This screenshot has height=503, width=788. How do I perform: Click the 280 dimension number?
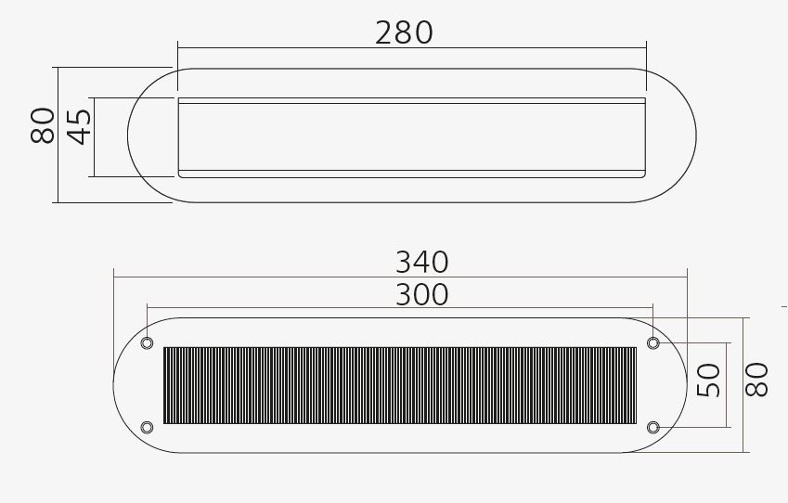[404, 32]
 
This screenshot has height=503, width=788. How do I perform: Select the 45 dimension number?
[80, 126]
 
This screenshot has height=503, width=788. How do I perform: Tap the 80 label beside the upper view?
[43, 126]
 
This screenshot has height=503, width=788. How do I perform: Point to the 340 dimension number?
[421, 261]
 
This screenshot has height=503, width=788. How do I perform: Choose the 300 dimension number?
[421, 294]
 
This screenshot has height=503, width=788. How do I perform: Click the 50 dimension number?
[709, 380]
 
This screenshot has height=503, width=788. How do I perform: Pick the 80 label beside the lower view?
[758, 380]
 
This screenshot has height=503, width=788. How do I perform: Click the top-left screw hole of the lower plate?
[147, 343]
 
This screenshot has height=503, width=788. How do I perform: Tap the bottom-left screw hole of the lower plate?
[147, 427]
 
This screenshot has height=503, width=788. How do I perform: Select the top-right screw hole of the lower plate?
[653, 343]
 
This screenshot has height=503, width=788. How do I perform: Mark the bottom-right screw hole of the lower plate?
[653, 427]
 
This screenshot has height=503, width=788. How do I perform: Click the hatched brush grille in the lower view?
[399, 385]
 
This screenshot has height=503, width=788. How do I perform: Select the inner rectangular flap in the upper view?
[411, 136]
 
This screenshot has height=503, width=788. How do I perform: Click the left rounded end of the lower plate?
[128, 385]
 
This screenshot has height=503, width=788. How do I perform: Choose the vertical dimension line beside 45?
[95, 136]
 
